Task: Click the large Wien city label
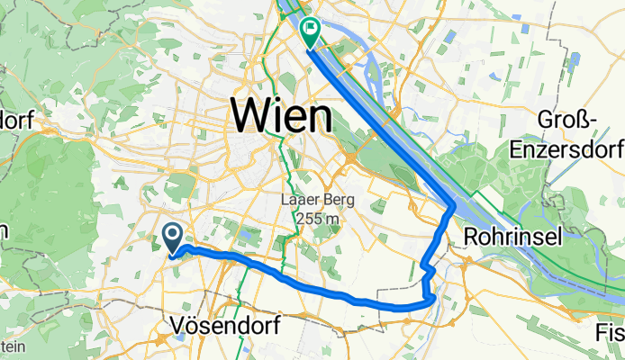pos(282,116)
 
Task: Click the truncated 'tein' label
pos(11,346)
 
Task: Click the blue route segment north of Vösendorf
pos(270,267)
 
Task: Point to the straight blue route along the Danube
pos(378,121)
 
